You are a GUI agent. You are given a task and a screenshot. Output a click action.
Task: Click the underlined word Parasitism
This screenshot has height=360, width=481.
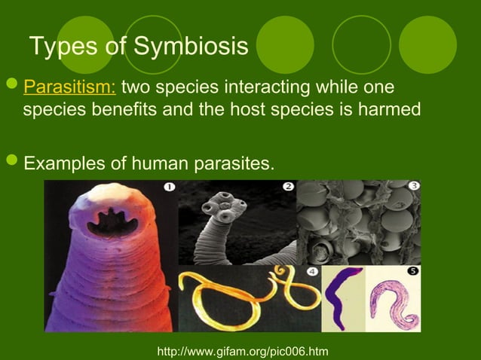[69, 87]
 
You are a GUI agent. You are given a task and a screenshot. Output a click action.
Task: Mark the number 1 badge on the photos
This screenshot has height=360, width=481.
[169, 186]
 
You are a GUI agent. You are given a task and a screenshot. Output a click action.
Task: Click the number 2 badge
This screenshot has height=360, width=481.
[288, 186]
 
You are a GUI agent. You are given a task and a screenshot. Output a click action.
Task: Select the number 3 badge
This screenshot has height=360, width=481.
[413, 185]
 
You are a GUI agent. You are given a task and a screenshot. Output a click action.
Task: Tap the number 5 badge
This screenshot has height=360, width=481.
[412, 271]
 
